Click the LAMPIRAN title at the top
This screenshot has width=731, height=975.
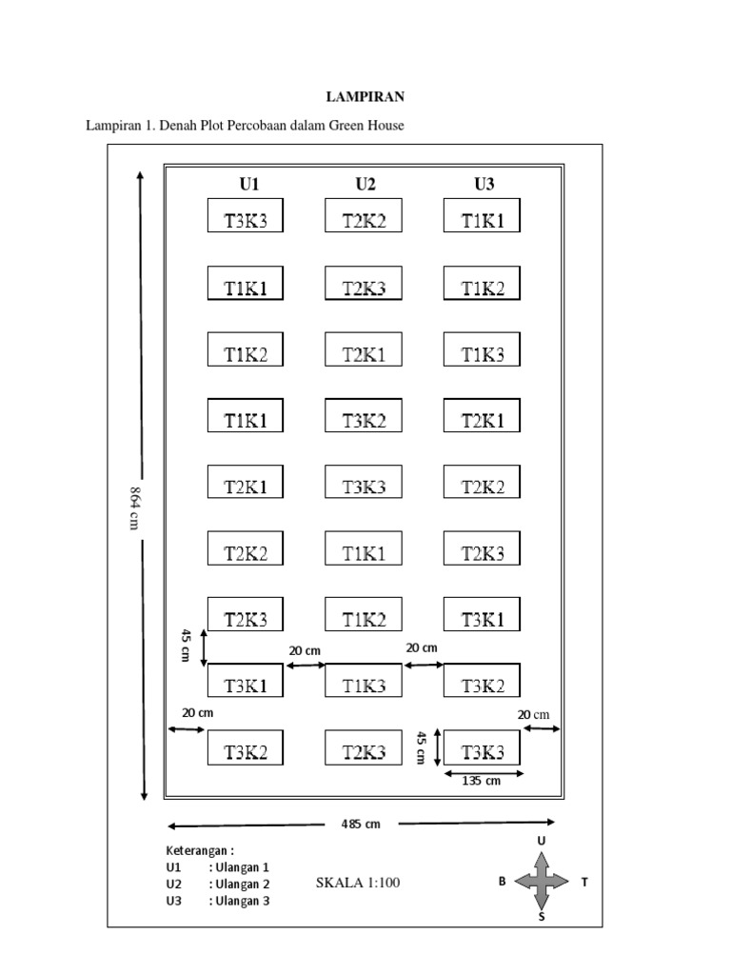(365, 96)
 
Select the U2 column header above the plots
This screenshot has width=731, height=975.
(365, 184)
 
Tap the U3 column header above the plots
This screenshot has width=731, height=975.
(484, 184)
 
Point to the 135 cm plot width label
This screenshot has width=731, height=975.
(481, 782)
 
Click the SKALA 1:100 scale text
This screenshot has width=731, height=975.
(358, 883)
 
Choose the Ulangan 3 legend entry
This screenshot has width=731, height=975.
(239, 900)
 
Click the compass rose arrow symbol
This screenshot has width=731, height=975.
(541, 881)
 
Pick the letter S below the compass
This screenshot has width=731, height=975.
(542, 918)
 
